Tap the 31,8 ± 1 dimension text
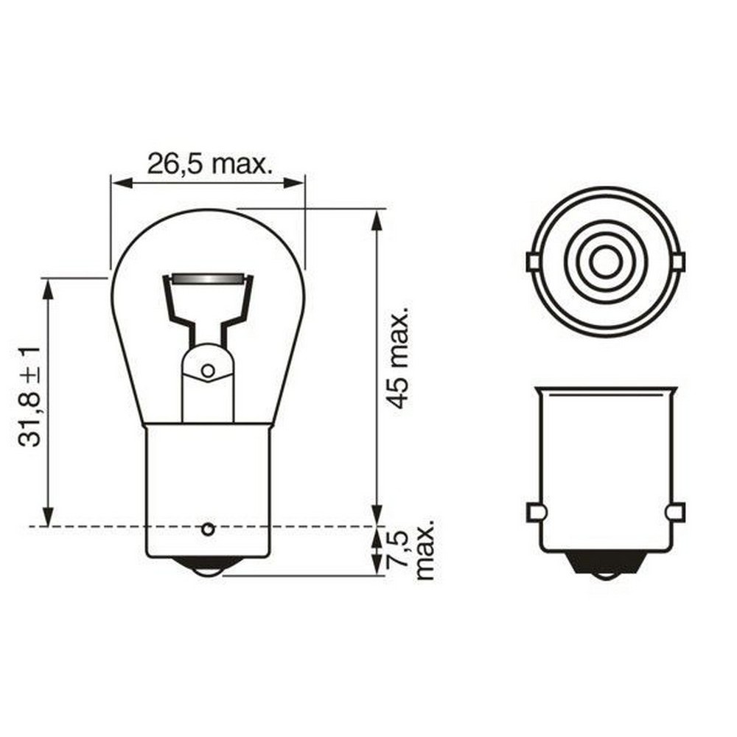29,397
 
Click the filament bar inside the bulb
206,280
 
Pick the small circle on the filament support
208,370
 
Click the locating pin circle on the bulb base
208,528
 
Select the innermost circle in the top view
606,262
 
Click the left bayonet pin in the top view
534,262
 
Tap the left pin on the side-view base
535,512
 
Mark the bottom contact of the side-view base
606,565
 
